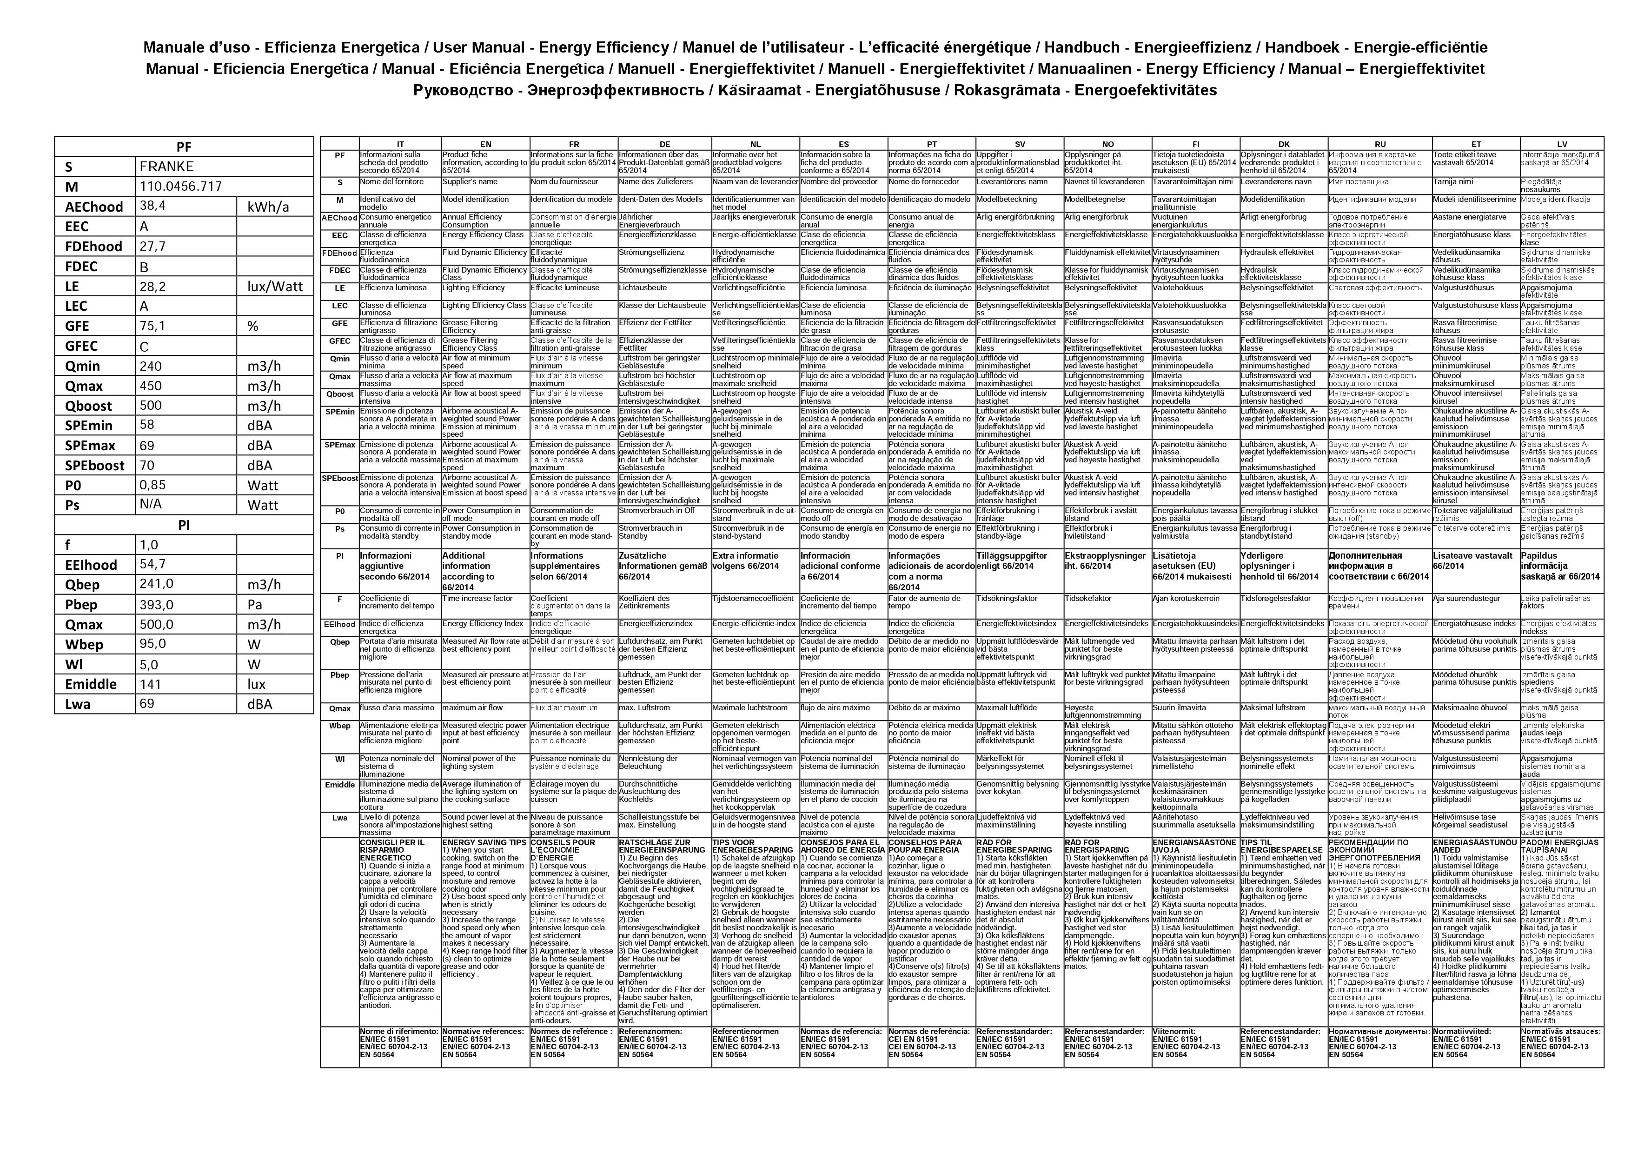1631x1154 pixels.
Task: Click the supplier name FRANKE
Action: (166, 166)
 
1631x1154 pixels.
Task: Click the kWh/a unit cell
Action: (269, 207)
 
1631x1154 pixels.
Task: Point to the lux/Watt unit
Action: (275, 287)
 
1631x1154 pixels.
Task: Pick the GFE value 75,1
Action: (152, 326)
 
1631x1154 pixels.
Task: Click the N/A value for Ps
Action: (151, 505)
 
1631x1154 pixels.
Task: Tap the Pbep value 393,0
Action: (156, 605)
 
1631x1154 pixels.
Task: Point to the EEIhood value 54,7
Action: (152, 565)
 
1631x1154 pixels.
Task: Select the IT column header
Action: (400, 144)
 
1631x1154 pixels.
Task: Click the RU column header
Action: (1379, 144)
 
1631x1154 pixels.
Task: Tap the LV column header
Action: (1561, 144)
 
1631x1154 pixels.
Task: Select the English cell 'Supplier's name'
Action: (470, 182)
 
